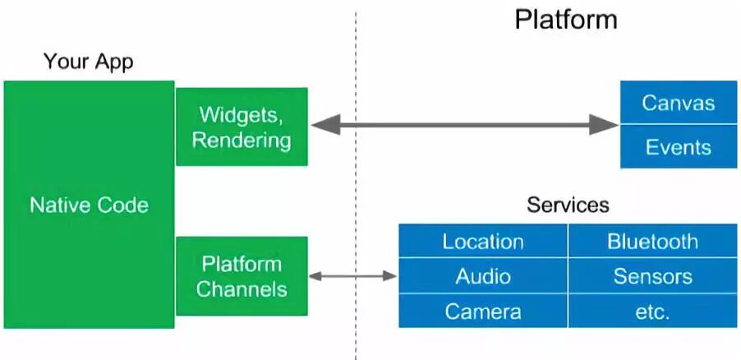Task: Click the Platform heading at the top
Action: tap(565, 19)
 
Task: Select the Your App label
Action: tap(88, 62)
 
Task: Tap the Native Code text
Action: tap(89, 205)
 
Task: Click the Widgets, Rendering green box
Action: tap(242, 127)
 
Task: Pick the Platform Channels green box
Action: tap(242, 276)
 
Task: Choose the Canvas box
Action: tap(678, 103)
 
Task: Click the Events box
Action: tap(678, 147)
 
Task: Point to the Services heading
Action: tap(568, 205)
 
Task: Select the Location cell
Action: tap(483, 242)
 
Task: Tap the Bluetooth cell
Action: tap(652, 242)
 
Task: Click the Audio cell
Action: tap(483, 277)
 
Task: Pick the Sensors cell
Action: tap(652, 277)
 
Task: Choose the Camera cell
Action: tap(483, 312)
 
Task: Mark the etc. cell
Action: tap(652, 312)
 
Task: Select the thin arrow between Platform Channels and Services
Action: tap(353, 276)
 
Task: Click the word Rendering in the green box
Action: tap(242, 140)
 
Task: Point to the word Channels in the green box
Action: tap(242, 289)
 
